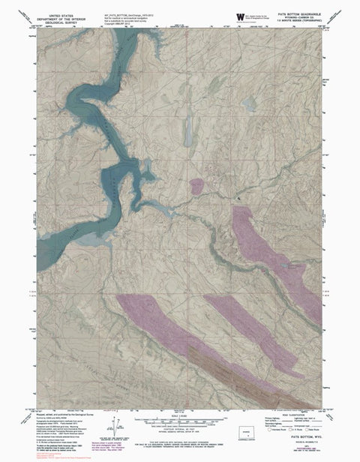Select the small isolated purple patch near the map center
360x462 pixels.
click(x=199, y=185)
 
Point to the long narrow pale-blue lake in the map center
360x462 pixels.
click(x=187, y=130)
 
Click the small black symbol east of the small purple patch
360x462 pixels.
click(x=239, y=196)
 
